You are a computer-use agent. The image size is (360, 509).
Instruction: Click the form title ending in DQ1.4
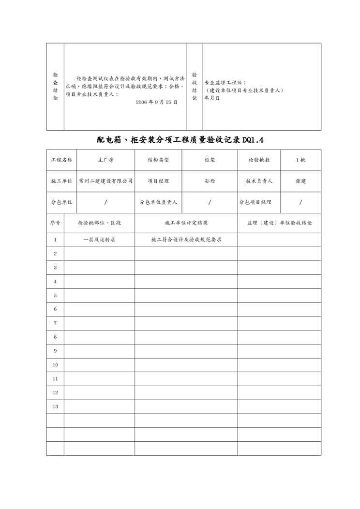[x=180, y=140]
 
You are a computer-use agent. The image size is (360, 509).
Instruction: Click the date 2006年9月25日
[x=156, y=103]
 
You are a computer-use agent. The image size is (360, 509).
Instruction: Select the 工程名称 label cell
[x=61, y=160]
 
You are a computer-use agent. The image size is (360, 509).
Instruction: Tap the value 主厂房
[x=106, y=160]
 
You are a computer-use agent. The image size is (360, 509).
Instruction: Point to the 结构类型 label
[x=158, y=160]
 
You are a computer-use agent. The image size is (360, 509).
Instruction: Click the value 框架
[x=210, y=160]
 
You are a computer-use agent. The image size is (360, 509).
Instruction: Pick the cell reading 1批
[x=300, y=160]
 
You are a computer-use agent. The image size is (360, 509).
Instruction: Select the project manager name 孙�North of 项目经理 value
[x=210, y=181]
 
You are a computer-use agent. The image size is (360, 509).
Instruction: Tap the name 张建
[x=300, y=181]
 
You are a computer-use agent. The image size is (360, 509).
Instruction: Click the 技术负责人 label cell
[x=259, y=181]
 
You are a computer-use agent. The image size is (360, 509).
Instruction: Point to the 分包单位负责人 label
[x=158, y=202]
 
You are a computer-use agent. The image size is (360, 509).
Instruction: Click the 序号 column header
[x=55, y=223]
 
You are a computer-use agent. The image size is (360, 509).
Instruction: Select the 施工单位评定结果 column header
[x=186, y=223]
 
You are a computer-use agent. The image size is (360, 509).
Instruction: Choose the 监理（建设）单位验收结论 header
[x=279, y=223]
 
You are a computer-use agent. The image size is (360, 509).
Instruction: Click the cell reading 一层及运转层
[x=99, y=240]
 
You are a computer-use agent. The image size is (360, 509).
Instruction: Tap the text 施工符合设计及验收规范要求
[x=186, y=240]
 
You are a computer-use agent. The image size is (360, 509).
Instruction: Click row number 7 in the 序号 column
[x=55, y=323]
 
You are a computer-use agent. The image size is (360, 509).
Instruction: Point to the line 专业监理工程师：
[x=225, y=83]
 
